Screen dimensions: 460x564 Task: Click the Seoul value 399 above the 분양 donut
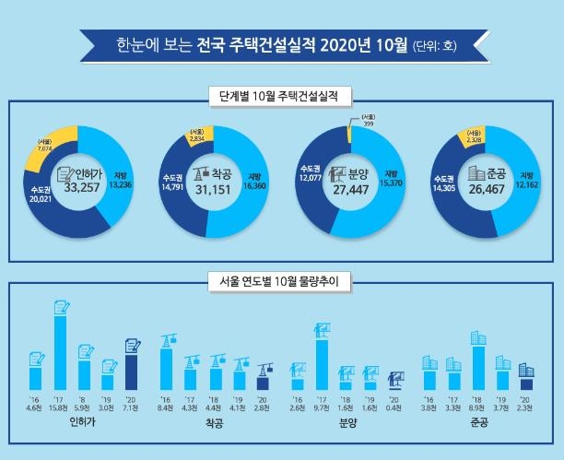coord(368,124)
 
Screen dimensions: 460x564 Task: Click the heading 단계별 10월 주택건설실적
coord(282,94)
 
